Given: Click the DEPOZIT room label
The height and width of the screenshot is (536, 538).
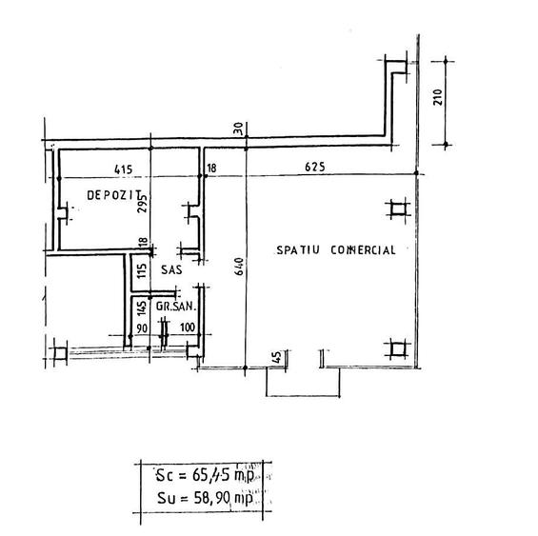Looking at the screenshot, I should coord(108,194).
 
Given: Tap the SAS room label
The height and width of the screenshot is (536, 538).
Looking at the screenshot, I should coord(170,271).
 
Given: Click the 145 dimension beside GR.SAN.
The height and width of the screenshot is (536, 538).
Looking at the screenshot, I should coord(141,308).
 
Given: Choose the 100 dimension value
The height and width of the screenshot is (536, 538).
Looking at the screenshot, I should coord(187,328).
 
